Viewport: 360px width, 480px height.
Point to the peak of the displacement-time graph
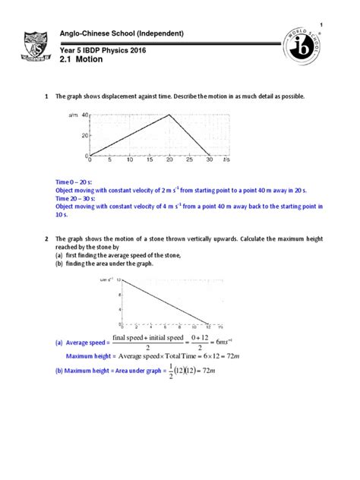(x=168, y=115)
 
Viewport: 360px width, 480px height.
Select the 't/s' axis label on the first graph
(x=226, y=160)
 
